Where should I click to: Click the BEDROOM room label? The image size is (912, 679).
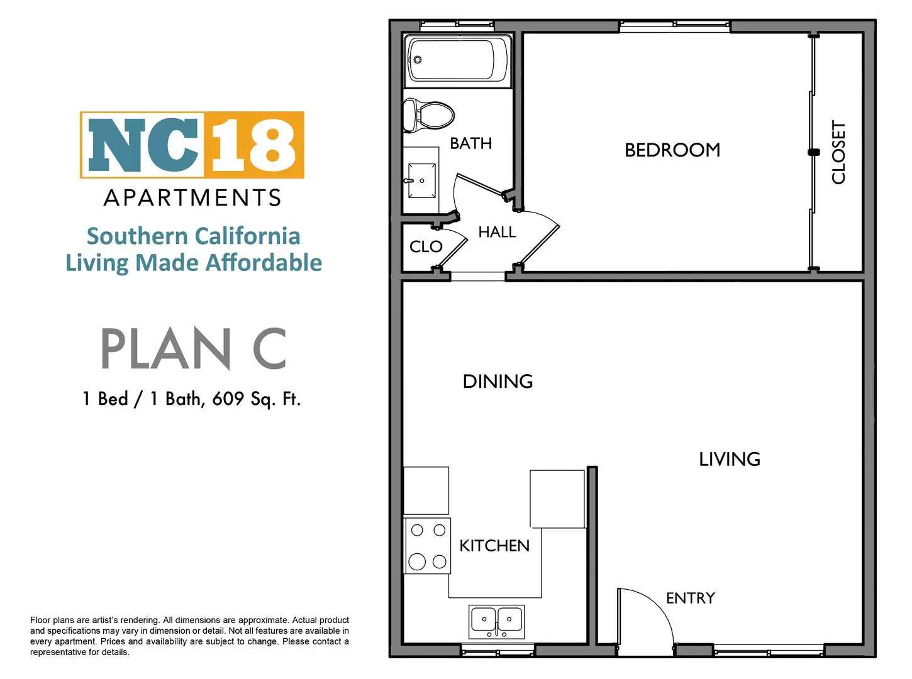point(672,150)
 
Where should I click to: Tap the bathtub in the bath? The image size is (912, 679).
point(457,60)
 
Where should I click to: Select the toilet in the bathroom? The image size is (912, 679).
point(428,115)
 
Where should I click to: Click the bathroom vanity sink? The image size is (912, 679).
point(421,180)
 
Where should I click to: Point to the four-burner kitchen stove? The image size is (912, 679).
point(428,546)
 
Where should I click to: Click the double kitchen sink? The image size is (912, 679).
point(497,621)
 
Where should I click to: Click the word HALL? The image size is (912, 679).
point(497,232)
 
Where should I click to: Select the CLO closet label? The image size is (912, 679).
point(426,246)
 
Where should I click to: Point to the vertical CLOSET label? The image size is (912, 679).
point(838,152)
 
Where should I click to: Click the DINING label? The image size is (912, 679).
point(498,382)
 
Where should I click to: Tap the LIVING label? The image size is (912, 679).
point(730,459)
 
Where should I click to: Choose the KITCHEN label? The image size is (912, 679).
point(494,546)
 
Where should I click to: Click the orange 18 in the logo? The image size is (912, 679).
point(254,145)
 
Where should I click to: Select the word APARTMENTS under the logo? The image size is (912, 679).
point(192,197)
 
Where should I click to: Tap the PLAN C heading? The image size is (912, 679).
point(193,348)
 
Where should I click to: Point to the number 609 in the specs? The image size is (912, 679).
point(228,399)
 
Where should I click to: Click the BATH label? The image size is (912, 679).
point(471,143)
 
